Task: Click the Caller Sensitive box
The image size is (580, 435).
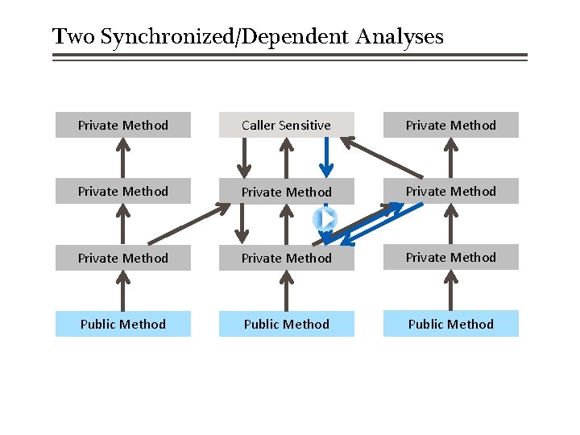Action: (x=286, y=125)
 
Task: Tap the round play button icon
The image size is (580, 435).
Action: (x=325, y=218)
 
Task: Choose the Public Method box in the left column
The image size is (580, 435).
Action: (x=122, y=324)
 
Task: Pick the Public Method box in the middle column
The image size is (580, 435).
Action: (x=286, y=324)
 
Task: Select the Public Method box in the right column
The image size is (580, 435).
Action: (x=450, y=324)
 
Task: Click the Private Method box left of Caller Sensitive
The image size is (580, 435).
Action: (x=122, y=125)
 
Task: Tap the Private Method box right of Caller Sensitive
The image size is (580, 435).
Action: (x=450, y=125)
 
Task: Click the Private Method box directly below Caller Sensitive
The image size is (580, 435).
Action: (x=286, y=192)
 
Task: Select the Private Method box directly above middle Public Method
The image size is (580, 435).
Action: (x=286, y=258)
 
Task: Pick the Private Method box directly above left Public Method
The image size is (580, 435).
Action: (x=122, y=258)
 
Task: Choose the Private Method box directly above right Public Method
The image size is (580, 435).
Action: (x=450, y=258)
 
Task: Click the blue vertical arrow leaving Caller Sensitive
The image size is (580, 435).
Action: (x=325, y=157)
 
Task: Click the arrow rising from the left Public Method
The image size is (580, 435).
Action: (x=122, y=291)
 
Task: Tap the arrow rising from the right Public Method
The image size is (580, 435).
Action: (x=450, y=291)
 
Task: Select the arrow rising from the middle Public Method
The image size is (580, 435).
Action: (x=286, y=291)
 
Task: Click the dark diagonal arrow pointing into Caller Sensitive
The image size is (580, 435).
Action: (x=383, y=158)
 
